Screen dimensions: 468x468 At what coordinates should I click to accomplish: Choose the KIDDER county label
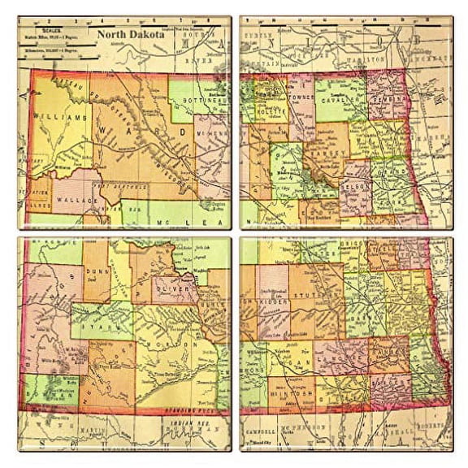click(x=275, y=301)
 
